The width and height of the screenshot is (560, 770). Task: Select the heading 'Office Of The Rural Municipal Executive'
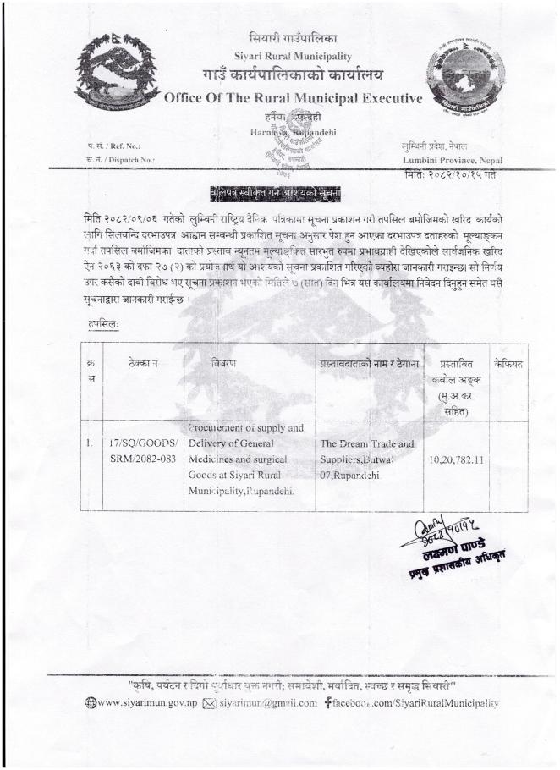point(293,99)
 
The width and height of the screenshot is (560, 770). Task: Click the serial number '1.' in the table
point(89,443)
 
